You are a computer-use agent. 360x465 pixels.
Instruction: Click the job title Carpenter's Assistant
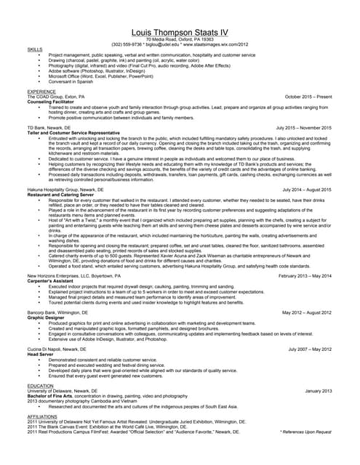point(55,280)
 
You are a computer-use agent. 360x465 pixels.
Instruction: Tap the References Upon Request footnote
point(305,432)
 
